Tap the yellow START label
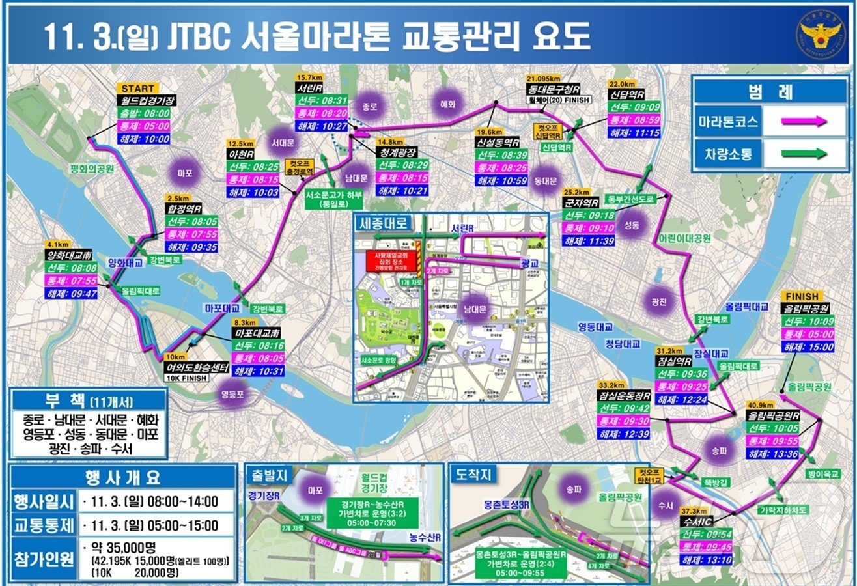pyautogui.click(x=137, y=89)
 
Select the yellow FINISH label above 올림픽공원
pyautogui.click(x=802, y=296)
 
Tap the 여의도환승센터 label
pyautogui.click(x=196, y=368)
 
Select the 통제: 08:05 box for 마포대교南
pyautogui.click(x=258, y=358)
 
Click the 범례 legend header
pyautogui.click(x=776, y=91)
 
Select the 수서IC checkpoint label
pyautogui.click(x=700, y=521)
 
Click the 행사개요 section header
pyautogui.click(x=122, y=477)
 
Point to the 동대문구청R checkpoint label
pyautogui.click(x=554, y=89)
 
